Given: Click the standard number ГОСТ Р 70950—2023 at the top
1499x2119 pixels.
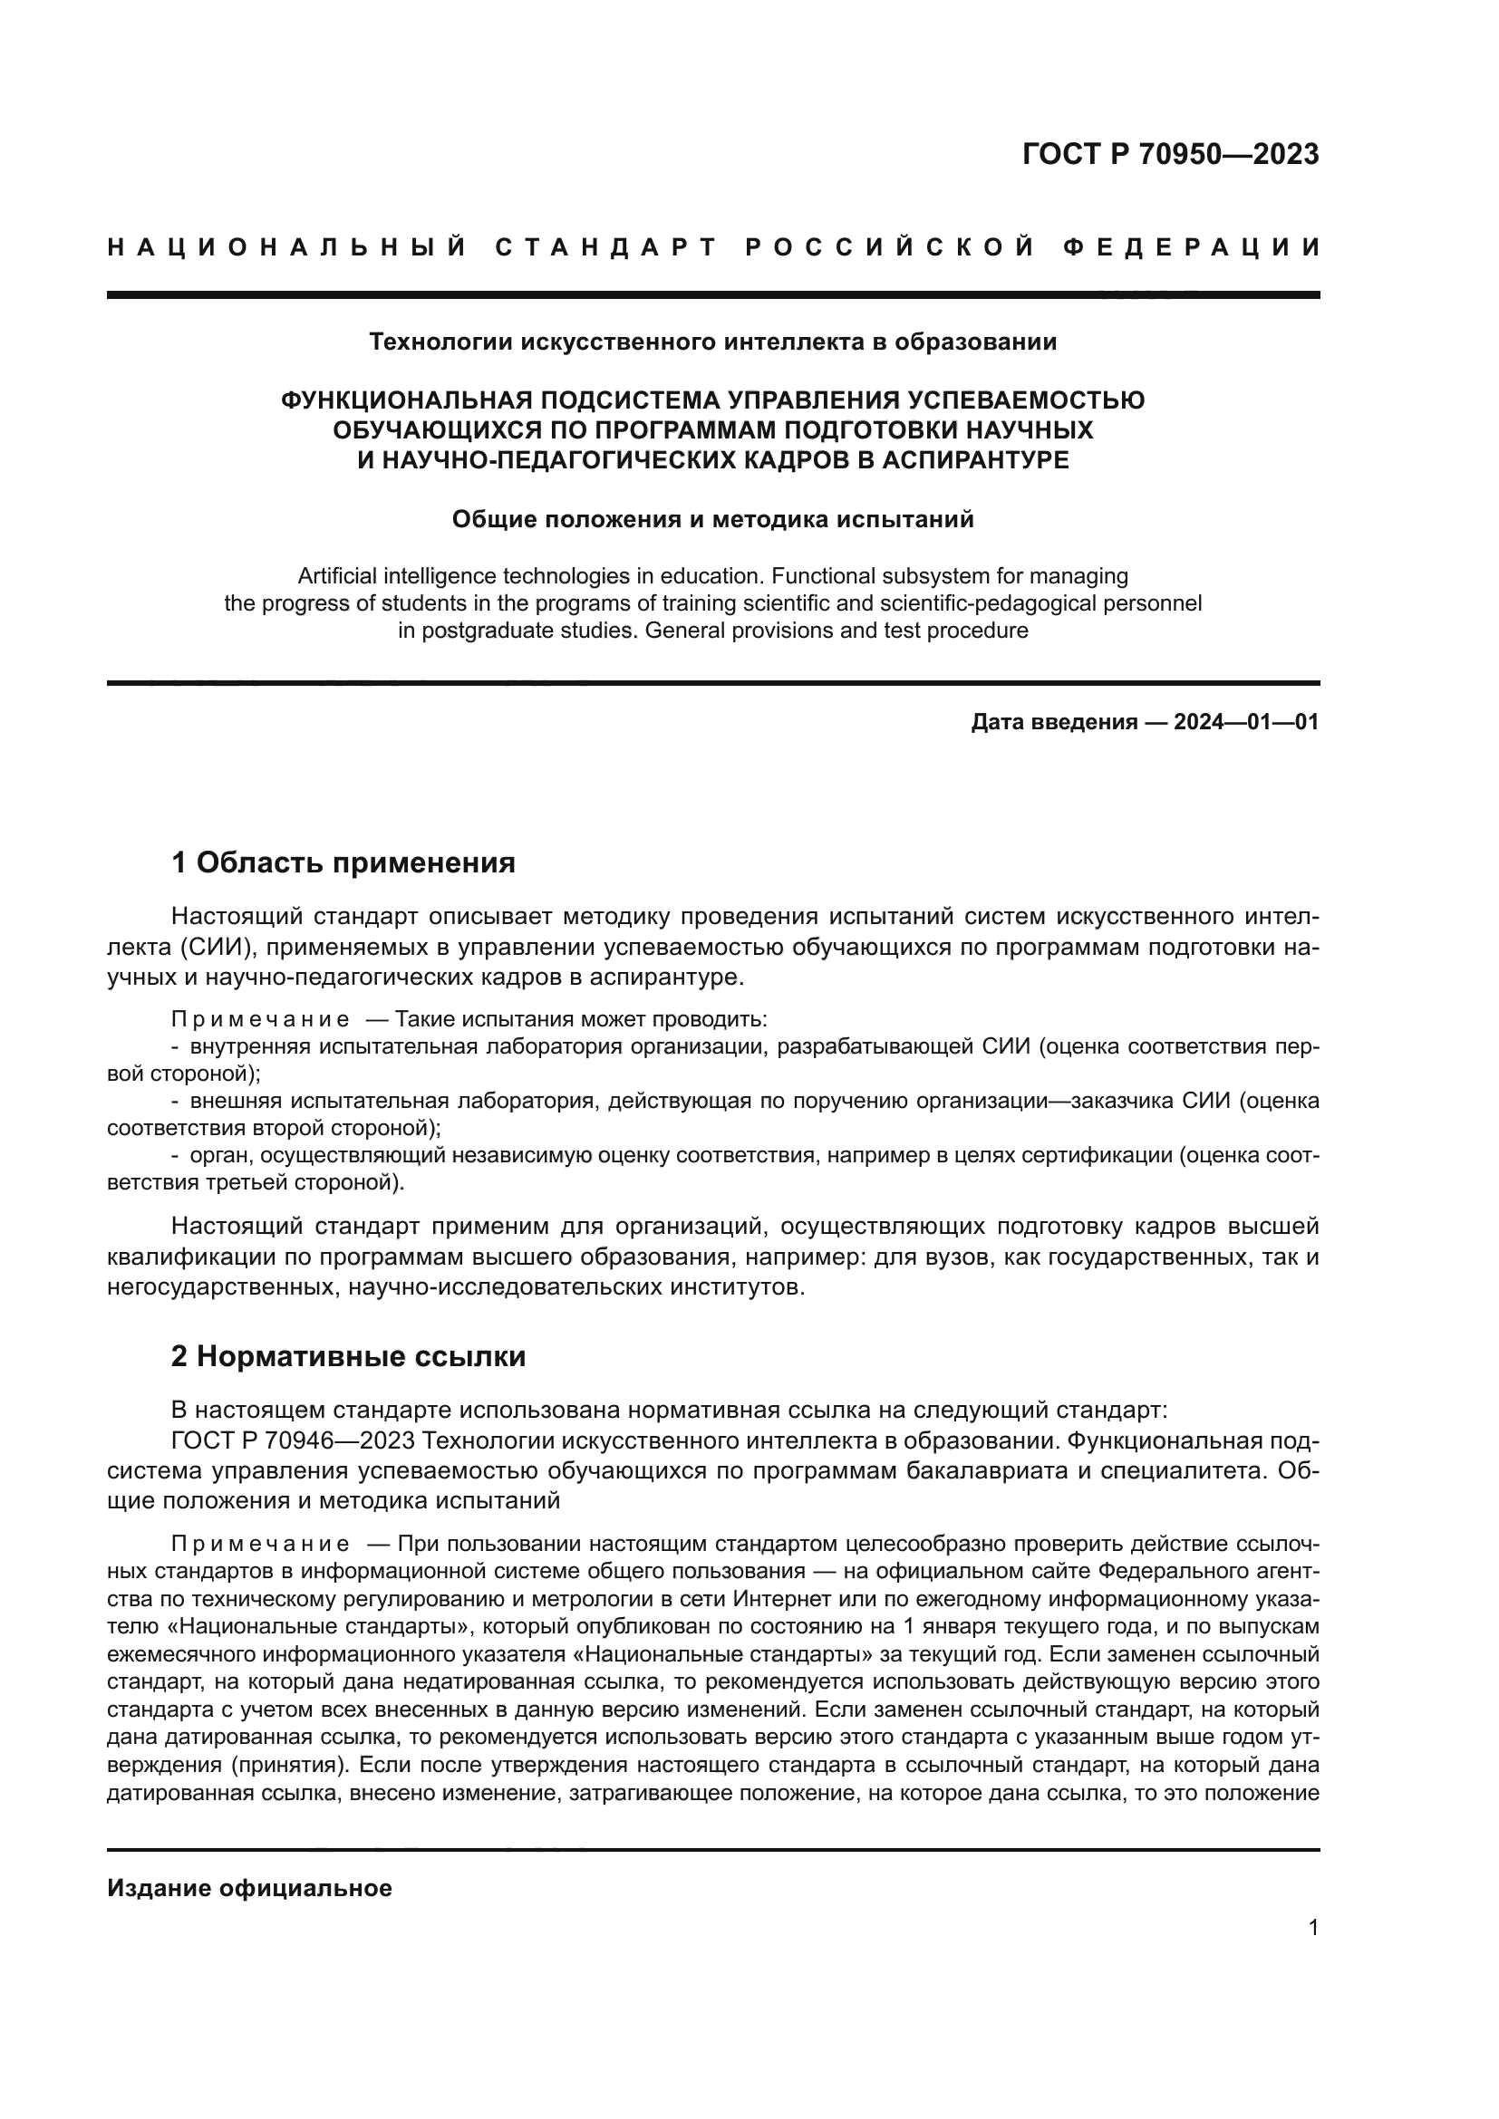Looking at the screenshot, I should click(1170, 154).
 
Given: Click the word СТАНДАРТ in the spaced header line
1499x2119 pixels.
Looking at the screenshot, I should click(606, 247).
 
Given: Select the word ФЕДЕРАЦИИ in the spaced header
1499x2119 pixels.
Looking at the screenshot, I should click(1192, 247).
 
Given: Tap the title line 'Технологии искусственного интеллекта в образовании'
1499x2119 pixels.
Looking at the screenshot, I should click(712, 342).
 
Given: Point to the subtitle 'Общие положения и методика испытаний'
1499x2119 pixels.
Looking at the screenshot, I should click(712, 520).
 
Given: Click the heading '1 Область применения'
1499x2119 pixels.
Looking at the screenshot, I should click(343, 863).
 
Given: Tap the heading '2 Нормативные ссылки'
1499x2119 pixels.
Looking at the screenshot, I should click(349, 1356).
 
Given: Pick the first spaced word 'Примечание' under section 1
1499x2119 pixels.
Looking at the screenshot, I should click(260, 1020).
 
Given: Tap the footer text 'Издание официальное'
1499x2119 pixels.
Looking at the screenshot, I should click(249, 1888).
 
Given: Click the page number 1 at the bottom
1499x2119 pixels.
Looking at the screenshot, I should click(1313, 1928).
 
